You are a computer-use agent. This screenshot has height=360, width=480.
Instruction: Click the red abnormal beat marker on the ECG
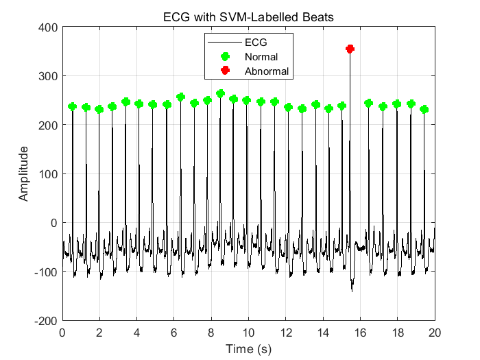coord(350,49)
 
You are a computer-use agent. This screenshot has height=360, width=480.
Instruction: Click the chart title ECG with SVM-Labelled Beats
coord(248,17)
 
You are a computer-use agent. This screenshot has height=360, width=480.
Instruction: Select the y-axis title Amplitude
coord(24,173)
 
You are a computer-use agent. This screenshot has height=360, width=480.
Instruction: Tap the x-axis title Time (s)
coord(248,350)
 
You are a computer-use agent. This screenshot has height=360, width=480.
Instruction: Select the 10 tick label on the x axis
coord(248,334)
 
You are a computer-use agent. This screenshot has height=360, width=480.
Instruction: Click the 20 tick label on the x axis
coord(435,334)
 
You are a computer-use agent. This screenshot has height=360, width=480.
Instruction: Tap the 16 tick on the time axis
coord(360,334)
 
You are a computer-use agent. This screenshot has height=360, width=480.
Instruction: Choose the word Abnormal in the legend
coord(267,71)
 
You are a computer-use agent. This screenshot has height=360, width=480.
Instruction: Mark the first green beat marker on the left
coord(73,106)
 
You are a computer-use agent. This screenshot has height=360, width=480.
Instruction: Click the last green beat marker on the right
coord(424,110)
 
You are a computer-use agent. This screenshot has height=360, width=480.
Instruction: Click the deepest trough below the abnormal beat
coord(352,290)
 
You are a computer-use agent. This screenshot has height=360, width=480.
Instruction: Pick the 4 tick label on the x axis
coord(136,334)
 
